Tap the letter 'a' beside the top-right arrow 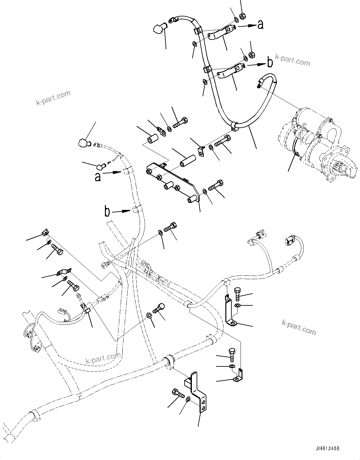[260, 24]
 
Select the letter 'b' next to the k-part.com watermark [270, 63]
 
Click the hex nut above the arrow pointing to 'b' [252, 54]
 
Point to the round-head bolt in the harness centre [161, 307]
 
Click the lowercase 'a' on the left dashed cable [98, 177]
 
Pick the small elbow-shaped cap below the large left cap [102, 165]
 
